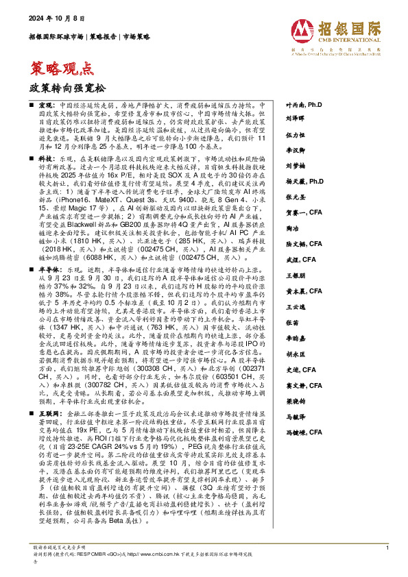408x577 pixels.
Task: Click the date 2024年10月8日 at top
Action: [x=51, y=18]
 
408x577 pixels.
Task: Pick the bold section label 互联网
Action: [x=49, y=415]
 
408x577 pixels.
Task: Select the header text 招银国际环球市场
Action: [x=56, y=37]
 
